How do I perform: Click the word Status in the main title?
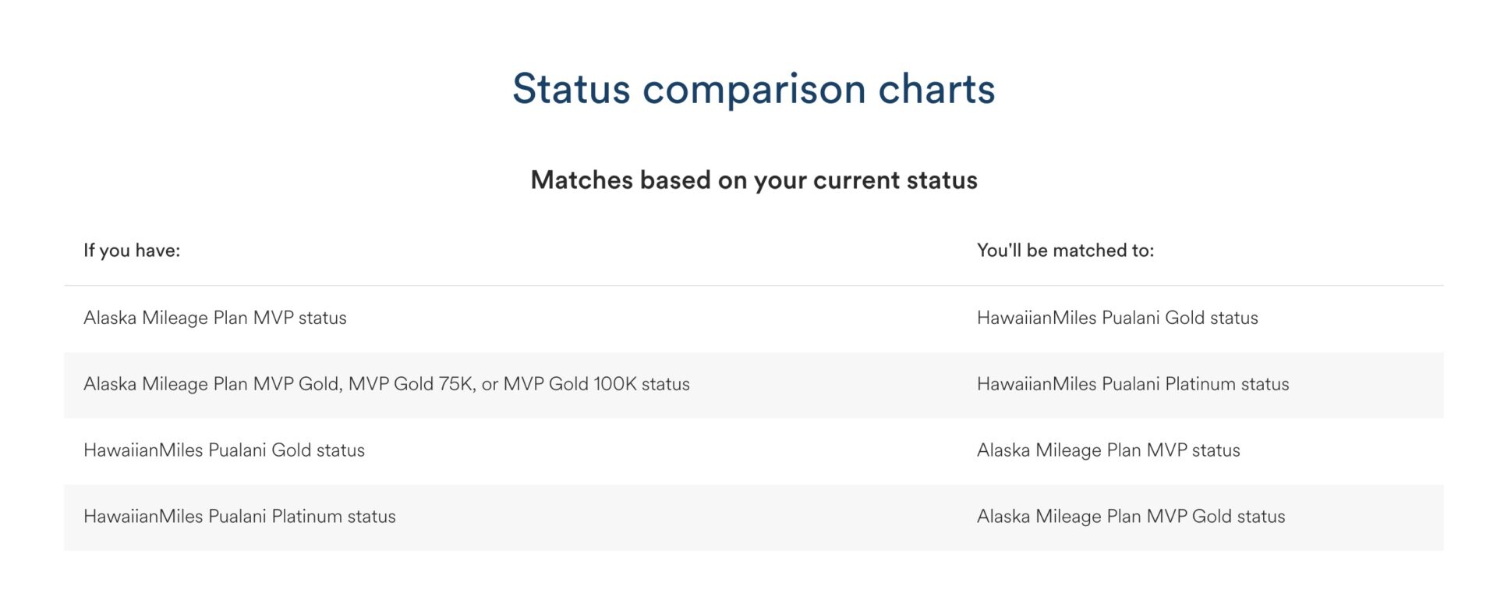(571, 88)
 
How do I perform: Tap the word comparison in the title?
(754, 88)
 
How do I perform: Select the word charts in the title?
(936, 88)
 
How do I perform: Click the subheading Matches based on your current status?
(754, 180)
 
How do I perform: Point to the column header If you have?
(132, 251)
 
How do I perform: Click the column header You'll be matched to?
(1065, 251)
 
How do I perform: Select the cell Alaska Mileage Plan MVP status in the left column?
(215, 318)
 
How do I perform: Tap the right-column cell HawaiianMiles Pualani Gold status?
(1117, 318)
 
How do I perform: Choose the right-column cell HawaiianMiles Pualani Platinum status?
(1133, 384)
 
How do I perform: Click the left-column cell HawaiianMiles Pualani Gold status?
(224, 450)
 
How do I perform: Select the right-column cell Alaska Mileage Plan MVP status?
(1108, 450)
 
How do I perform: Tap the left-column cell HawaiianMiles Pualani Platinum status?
(239, 517)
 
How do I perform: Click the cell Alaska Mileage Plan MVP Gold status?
(1131, 517)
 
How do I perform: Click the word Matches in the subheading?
(581, 180)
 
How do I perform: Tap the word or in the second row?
(490, 384)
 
